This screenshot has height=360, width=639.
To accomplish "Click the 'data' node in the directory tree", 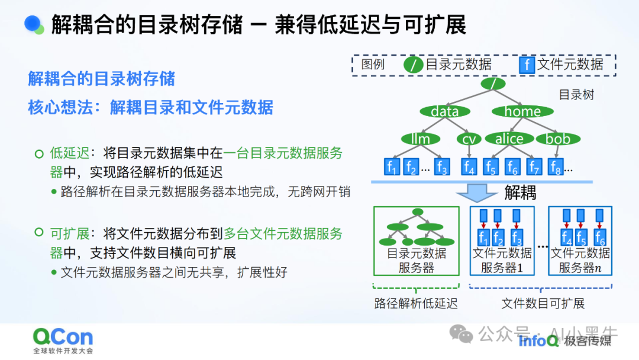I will tap(445, 111).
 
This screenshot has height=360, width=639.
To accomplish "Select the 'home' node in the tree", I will tap(522, 111).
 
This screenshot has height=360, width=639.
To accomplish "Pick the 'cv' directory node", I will tap(469, 139).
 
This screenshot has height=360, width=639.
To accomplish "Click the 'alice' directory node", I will tap(509, 139).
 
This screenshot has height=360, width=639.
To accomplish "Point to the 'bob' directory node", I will tap(557, 139).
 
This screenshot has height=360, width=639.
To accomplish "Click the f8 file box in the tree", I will tap(555, 167).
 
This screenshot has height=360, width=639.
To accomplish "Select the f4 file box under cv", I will tap(469, 167).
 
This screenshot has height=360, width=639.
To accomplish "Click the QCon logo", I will tap(63, 338).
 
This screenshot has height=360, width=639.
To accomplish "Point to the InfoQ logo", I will tap(538, 340).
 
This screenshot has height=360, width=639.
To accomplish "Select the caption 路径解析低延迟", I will tap(416, 304).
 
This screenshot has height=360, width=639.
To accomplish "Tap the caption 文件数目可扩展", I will tap(543, 304).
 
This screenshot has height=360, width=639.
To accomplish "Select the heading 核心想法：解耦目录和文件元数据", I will tap(150, 107).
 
